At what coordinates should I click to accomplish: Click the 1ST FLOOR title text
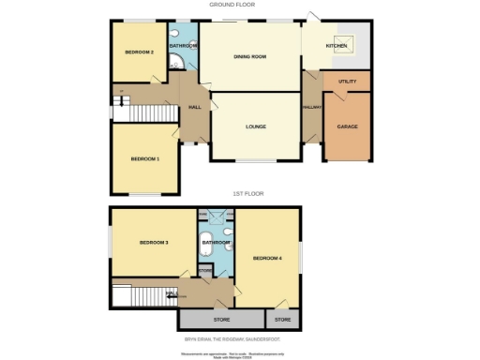pyautogui.click(x=248, y=193)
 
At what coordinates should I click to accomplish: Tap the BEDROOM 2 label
pyautogui.click(x=139, y=52)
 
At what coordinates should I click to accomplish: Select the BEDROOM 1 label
pyautogui.click(x=144, y=158)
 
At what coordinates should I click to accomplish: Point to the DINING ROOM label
pyautogui.click(x=250, y=57)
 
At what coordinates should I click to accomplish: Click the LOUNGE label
pyautogui.click(x=256, y=127)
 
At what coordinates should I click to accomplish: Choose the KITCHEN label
pyautogui.click(x=336, y=45)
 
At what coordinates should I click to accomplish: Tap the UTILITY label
pyautogui.click(x=347, y=82)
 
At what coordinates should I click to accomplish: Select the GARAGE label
pyautogui.click(x=347, y=126)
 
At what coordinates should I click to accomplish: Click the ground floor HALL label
pyautogui.click(x=195, y=107)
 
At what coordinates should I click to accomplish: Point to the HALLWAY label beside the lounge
pyautogui.click(x=312, y=107)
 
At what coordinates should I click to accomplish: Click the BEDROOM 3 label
pyautogui.click(x=154, y=243)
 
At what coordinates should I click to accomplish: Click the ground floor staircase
pyautogui.click(x=137, y=112)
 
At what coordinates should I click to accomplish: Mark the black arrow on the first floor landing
pyautogui.click(x=171, y=296)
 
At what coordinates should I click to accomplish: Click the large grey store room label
pyautogui.click(x=221, y=320)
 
